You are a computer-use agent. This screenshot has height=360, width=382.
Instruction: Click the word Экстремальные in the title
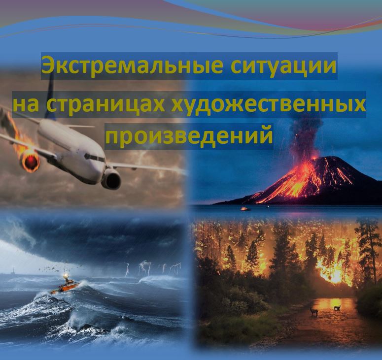click(x=133, y=65)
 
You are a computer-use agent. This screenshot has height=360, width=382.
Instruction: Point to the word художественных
click(x=268, y=105)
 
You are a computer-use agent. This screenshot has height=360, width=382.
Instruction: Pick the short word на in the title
click(x=26, y=105)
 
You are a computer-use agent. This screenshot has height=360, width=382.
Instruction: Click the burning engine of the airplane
click(x=30, y=160)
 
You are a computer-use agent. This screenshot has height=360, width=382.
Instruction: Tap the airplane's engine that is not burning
click(x=111, y=179)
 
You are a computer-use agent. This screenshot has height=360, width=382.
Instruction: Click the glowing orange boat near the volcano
click(x=244, y=209)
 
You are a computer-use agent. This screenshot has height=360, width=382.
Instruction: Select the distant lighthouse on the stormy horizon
click(x=12, y=271)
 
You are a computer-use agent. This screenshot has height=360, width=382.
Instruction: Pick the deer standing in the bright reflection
click(x=337, y=307)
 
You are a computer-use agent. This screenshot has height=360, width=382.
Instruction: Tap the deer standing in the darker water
click(x=314, y=311)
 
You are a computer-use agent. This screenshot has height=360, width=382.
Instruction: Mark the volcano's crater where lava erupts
click(x=317, y=158)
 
